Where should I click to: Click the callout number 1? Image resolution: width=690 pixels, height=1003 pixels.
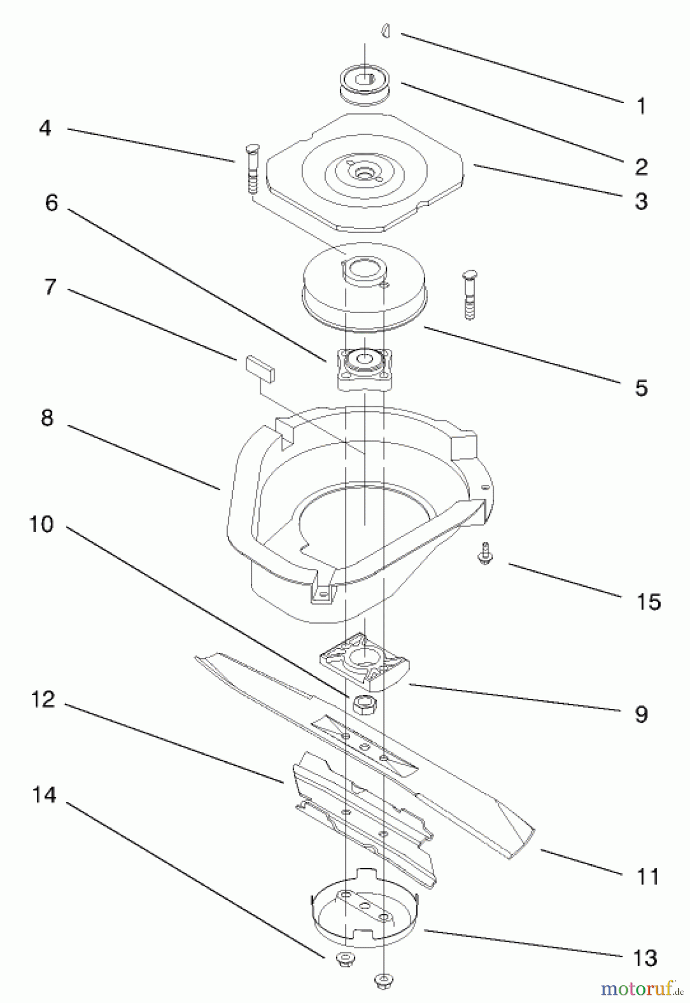coord(641,106)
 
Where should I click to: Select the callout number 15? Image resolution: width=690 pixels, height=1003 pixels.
coord(648,602)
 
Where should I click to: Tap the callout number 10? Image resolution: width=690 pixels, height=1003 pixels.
coord(41,524)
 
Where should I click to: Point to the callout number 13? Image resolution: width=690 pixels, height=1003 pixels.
coord(645,958)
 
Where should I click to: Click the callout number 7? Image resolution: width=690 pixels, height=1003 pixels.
coord(50,288)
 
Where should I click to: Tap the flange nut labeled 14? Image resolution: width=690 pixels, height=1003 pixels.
coord(341,960)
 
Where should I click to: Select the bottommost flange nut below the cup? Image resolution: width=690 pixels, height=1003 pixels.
coord(382,981)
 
